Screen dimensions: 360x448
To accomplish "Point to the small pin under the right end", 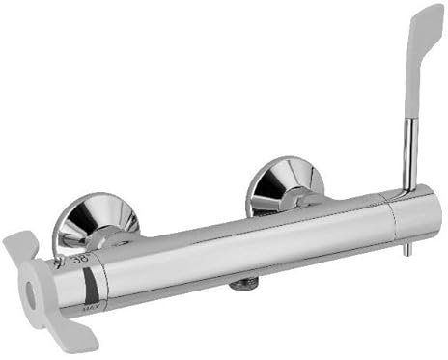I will point(406,248).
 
